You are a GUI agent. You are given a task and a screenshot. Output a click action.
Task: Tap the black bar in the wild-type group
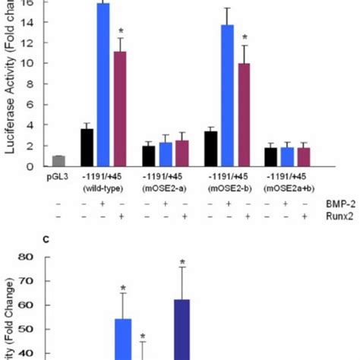pyautogui.click(x=87, y=147)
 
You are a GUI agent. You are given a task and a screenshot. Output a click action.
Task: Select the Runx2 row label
pyautogui.click(x=341, y=216)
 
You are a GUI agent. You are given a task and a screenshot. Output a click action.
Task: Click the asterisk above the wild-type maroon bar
pyautogui.click(x=120, y=31)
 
